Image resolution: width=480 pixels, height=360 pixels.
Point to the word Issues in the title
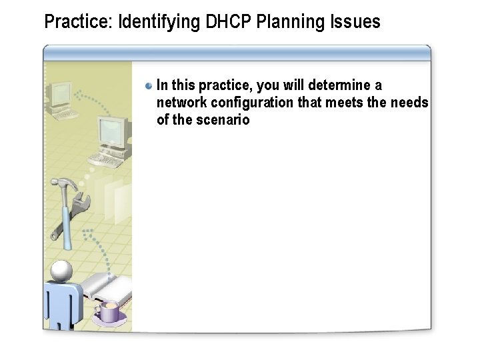point(355,22)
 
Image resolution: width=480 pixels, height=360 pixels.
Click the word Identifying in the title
point(159,22)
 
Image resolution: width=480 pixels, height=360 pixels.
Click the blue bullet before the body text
point(149,86)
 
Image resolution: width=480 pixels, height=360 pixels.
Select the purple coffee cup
point(109,310)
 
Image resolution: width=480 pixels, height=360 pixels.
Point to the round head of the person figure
point(62,270)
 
